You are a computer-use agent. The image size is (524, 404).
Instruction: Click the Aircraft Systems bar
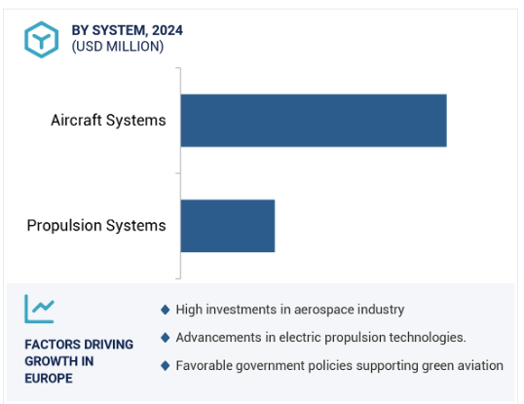[x=314, y=121]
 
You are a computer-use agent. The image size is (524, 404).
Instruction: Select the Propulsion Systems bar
[x=228, y=226]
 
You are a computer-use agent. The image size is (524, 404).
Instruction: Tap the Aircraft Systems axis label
[x=108, y=120]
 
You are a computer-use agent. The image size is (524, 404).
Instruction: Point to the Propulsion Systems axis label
[x=96, y=226]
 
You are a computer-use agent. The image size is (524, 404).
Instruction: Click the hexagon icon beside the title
[x=42, y=40]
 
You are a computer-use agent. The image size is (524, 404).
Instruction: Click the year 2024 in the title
[x=168, y=30]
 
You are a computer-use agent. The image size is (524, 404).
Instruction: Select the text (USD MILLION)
[x=118, y=47]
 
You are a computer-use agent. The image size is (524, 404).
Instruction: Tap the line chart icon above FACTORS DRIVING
[x=39, y=309]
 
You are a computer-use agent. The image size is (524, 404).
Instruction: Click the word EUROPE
[x=49, y=379]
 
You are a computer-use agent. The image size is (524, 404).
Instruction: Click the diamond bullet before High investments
[x=165, y=310]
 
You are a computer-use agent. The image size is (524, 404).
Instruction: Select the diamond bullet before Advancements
[x=165, y=338]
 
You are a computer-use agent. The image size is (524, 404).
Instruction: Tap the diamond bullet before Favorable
[x=165, y=366]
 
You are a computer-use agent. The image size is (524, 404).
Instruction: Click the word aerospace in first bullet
[x=323, y=311]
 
